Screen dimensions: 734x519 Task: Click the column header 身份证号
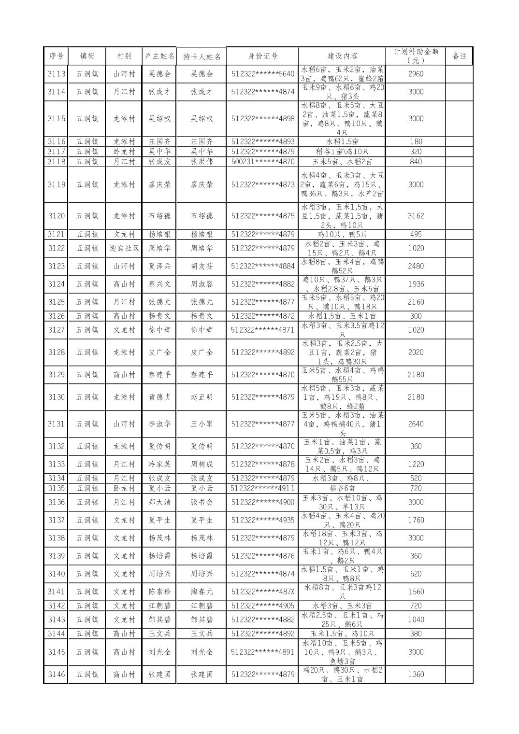[x=262, y=56]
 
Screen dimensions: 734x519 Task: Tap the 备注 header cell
[x=459, y=56]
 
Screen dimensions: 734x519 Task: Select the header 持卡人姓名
[x=202, y=56]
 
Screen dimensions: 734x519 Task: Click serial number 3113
[x=57, y=74]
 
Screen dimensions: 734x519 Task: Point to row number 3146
[x=57, y=675]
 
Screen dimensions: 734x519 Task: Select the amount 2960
[x=416, y=74]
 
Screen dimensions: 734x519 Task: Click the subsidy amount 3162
[x=416, y=216]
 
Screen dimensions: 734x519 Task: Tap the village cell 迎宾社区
[x=124, y=248]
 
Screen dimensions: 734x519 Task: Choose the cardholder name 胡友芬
[x=202, y=266]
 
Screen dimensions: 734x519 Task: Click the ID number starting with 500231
[x=262, y=162]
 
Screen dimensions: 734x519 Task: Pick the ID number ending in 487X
[x=262, y=592]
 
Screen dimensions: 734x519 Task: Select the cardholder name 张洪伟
[x=202, y=162]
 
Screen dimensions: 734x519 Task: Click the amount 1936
[x=416, y=284]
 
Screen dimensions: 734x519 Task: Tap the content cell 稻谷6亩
[x=342, y=488]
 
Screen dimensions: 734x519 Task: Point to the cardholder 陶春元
[x=202, y=592]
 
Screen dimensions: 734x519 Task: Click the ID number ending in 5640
[x=262, y=74]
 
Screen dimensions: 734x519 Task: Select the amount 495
[x=416, y=234]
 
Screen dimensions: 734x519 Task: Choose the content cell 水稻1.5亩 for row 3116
[x=342, y=141]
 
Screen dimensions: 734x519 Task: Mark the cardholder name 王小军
[x=202, y=424]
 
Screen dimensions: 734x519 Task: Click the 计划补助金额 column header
[x=416, y=56]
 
